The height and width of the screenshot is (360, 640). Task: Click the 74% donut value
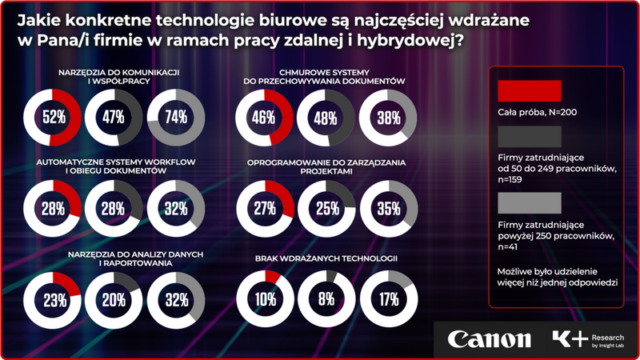click(x=177, y=118)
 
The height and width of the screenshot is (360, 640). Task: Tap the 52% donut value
click(x=53, y=118)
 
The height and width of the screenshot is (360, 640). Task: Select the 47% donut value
click(x=114, y=118)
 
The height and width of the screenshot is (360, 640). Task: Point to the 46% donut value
click(x=265, y=118)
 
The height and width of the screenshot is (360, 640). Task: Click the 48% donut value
click(x=326, y=118)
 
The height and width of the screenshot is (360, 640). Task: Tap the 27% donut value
click(x=265, y=210)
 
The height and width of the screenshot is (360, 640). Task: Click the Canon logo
click(x=489, y=338)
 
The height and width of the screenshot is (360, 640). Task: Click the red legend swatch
click(x=528, y=90)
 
